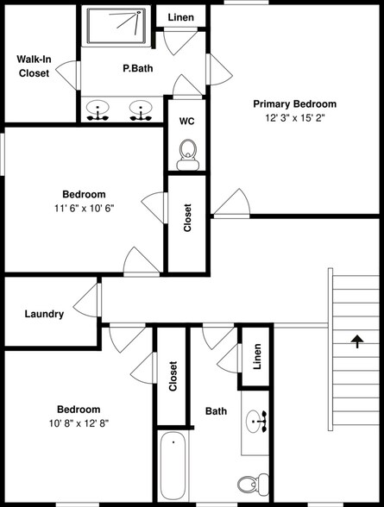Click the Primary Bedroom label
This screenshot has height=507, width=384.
[294, 103]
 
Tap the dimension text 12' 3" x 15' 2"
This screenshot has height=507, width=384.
[294, 118]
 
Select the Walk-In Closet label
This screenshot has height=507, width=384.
[34, 66]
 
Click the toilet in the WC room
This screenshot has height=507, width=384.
[186, 156]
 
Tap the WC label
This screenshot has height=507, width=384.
[186, 122]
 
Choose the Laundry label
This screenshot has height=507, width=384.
[44, 314]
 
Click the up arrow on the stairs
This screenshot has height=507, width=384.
[356, 341]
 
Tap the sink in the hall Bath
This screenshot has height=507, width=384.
[256, 422]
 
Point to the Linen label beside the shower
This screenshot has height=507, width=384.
[180, 17]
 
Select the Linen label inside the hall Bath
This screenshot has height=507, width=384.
[256, 356]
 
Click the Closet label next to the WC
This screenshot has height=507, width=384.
[187, 219]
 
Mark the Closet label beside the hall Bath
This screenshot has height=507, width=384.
[173, 377]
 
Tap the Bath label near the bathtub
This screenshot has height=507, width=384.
[216, 411]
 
